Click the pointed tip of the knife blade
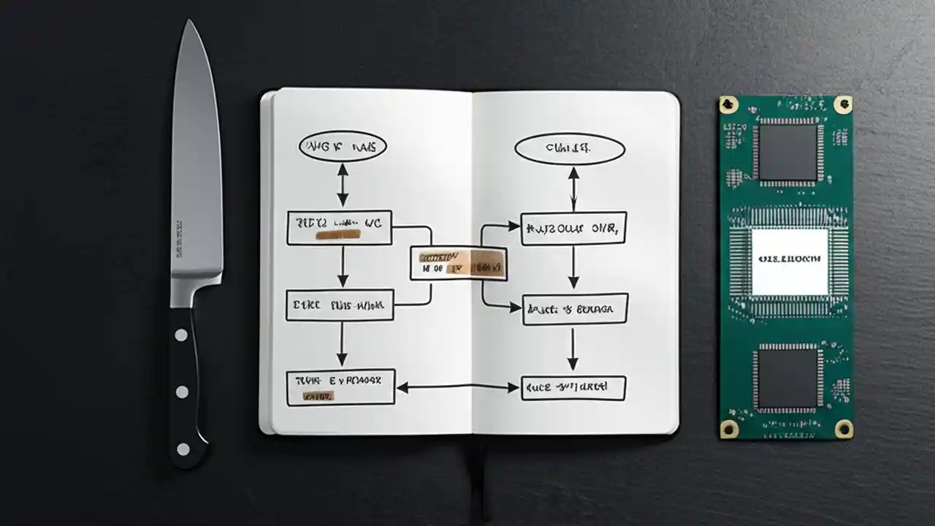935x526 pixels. click(189, 23)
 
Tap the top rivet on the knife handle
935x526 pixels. click(180, 335)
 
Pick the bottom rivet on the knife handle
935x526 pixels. click(183, 449)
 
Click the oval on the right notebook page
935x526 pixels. click(570, 149)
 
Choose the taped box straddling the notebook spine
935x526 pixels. click(458, 263)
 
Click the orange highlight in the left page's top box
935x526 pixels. click(337, 235)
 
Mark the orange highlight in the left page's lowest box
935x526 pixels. click(318, 396)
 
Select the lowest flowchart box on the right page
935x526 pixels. click(573, 388)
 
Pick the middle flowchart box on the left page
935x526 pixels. click(340, 305)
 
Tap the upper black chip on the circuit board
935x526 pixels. click(786, 151)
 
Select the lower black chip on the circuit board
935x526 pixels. click(786, 378)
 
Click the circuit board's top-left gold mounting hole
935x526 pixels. click(728, 105)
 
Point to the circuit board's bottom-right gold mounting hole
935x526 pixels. click(844, 428)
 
